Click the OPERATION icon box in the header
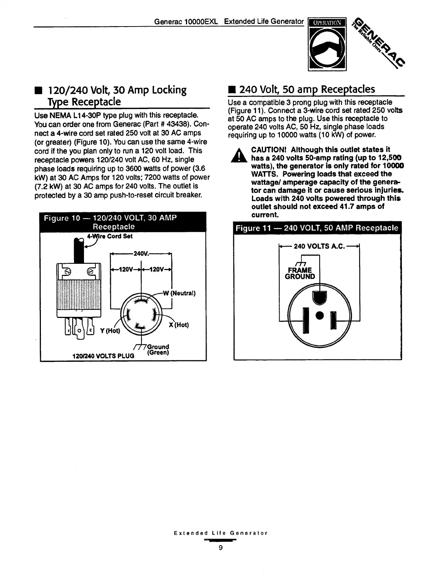327,43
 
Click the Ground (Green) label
158,350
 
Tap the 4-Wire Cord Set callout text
109,236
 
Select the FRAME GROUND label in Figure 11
300,273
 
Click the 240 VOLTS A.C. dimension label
319,246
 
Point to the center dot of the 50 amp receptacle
320,315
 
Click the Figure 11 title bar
317,228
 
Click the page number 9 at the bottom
221,548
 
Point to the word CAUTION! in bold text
269,150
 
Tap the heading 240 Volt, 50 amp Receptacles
307,90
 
